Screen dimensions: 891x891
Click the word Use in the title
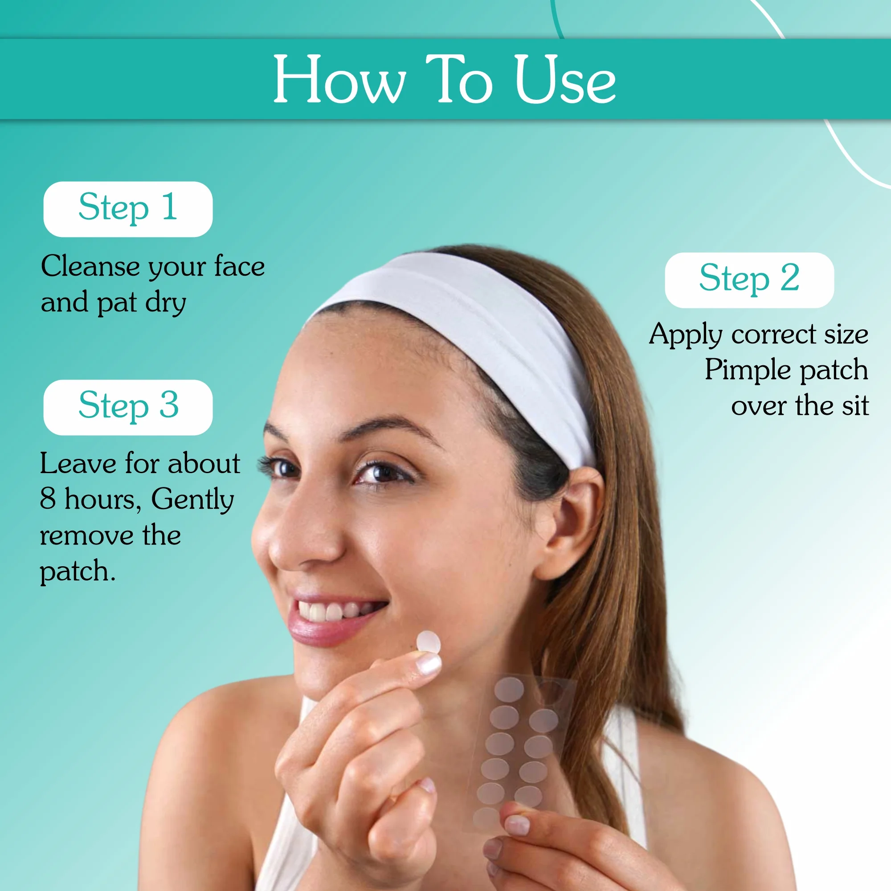(564, 79)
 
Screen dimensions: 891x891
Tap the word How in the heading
(339, 79)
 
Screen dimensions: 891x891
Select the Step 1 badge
(128, 209)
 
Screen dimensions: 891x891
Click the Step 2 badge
(749, 280)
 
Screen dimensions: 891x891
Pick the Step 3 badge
(128, 407)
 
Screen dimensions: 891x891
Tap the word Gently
(192, 500)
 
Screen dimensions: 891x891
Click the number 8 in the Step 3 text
(48, 498)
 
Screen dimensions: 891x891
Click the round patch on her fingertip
(428, 642)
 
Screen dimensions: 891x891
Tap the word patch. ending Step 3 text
(77, 572)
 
